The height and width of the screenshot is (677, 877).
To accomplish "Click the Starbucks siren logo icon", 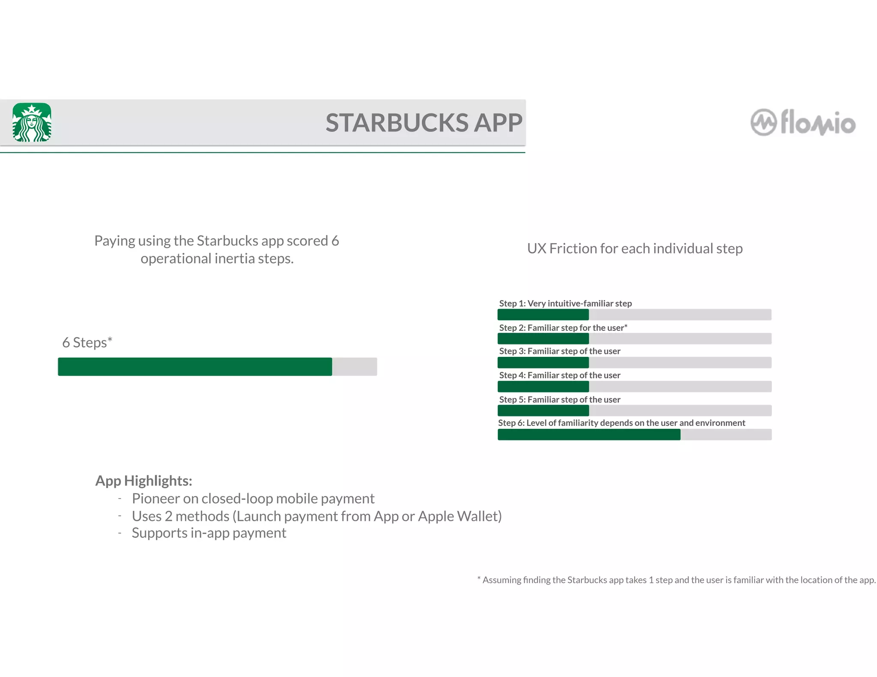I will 32,122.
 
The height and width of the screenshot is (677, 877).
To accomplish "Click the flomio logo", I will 803,123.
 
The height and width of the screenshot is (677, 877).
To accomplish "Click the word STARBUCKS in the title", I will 397,123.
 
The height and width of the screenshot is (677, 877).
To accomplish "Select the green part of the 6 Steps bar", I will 195,367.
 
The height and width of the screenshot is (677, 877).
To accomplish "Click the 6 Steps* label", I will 87,342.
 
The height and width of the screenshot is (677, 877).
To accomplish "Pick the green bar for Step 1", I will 543,315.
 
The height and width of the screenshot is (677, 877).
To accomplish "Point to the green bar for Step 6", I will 589,435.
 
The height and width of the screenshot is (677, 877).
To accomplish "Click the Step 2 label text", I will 563,328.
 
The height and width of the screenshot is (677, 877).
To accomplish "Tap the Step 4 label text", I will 559,375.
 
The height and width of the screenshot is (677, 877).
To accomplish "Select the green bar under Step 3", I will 543,363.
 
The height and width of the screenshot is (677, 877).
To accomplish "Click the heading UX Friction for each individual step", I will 635,249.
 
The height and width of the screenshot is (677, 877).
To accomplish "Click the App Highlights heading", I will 143,481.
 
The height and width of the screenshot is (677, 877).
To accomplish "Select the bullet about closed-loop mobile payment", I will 253,499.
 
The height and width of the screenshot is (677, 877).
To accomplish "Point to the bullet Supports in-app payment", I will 209,533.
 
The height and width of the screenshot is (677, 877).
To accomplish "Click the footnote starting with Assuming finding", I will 677,580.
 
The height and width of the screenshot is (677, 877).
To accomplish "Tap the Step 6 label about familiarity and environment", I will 621,423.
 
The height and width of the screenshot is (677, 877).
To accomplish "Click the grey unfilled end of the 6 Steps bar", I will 355,367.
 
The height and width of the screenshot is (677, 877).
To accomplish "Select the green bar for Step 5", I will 543,411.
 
